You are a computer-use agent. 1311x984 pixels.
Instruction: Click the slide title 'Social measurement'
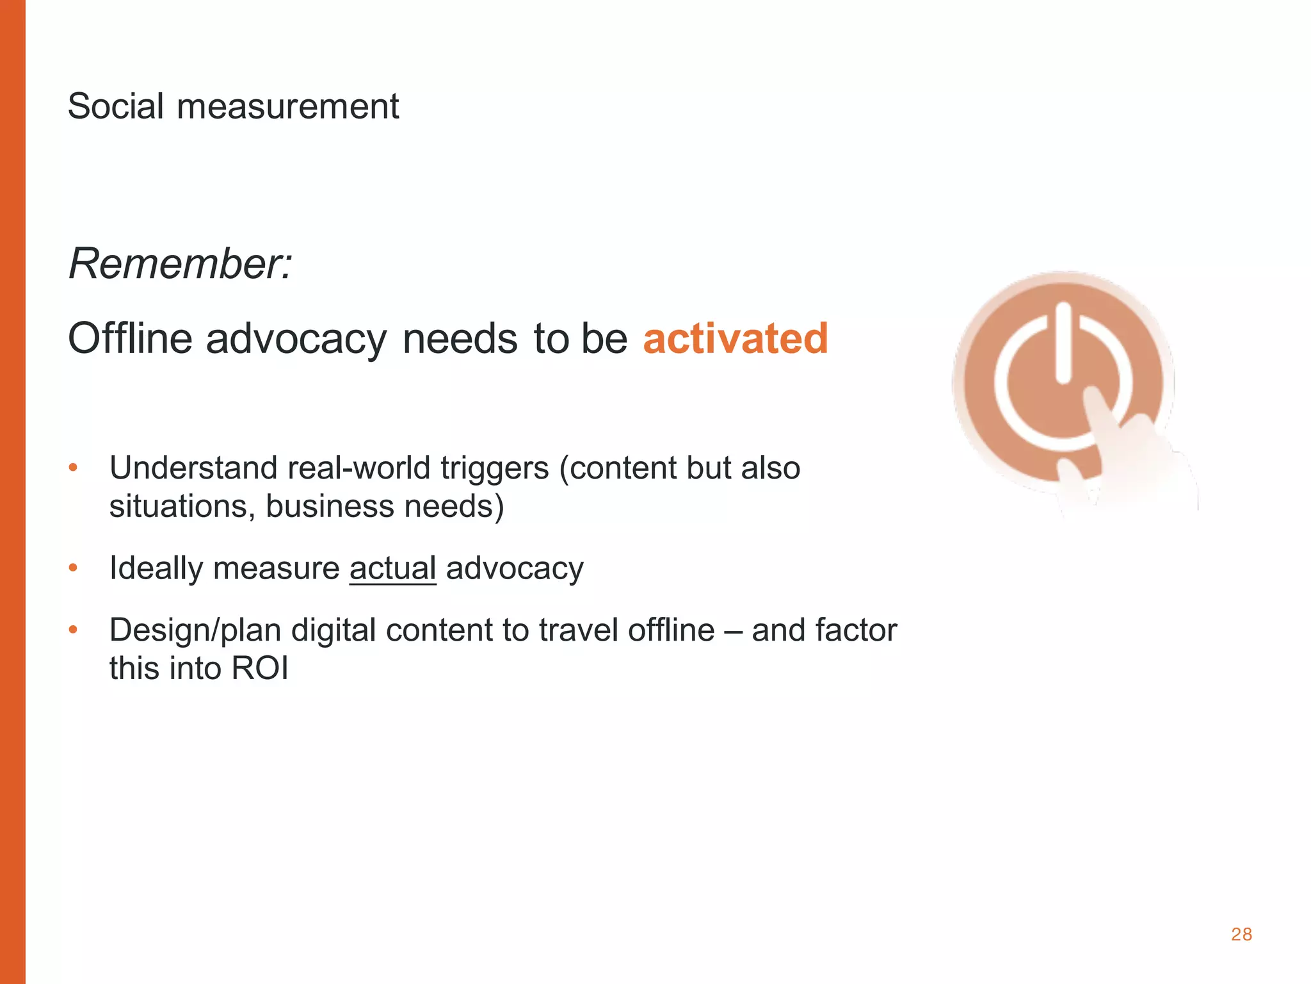233,106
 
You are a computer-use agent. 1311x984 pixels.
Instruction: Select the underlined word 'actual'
392,568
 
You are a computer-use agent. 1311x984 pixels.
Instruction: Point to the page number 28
1241,935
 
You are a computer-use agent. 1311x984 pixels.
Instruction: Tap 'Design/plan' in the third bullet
195,630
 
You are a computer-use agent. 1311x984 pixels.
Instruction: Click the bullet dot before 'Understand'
73,468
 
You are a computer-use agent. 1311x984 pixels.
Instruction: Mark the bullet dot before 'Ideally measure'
73,568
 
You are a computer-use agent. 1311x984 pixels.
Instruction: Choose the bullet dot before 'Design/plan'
73,630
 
